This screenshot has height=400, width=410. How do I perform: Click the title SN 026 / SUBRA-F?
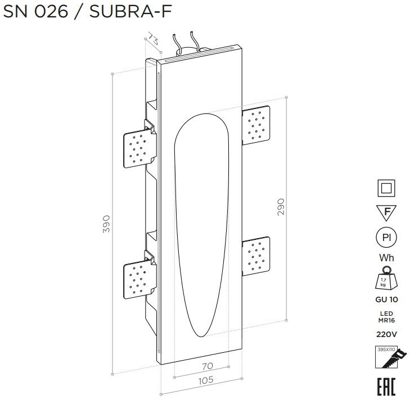point(87,11)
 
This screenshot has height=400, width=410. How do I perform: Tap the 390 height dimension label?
point(106,224)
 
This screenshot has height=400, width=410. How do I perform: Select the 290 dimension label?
point(281,207)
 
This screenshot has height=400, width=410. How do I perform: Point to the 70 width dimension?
point(208,366)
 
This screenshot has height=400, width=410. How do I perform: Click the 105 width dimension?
point(206,381)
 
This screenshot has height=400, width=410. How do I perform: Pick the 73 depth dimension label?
point(152,39)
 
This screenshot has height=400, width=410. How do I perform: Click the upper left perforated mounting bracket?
point(140,148)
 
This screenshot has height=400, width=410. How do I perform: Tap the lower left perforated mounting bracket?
point(140,279)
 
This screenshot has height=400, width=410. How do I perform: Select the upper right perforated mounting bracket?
point(256,125)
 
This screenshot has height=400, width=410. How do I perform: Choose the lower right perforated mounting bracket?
point(256,256)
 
